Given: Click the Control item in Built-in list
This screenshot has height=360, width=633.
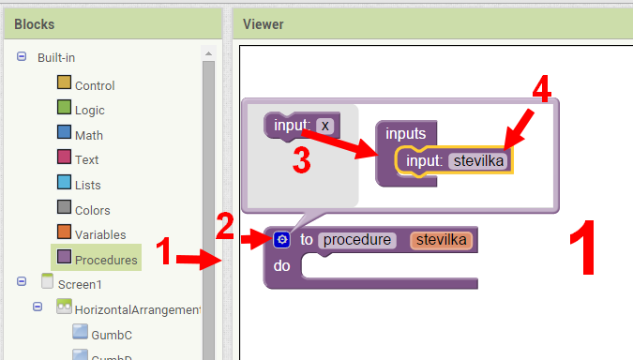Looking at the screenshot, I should [95, 85].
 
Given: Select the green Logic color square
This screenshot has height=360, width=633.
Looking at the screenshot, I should [65, 108].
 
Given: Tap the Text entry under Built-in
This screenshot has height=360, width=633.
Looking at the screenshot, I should [86, 159].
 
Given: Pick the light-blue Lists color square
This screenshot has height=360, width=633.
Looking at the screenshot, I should [65, 183].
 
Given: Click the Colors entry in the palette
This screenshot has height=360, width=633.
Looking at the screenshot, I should [92, 210].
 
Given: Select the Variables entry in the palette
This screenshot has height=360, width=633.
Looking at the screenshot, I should [99, 234].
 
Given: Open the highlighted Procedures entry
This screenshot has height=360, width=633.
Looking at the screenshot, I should [105, 260].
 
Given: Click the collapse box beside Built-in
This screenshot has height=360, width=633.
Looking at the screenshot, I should [22, 57].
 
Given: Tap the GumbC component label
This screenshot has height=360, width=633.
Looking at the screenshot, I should [112, 333].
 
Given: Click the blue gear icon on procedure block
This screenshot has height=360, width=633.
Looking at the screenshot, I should [281, 240].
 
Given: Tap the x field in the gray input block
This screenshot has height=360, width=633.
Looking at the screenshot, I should [324, 125].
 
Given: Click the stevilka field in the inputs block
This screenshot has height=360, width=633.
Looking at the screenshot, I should [479, 161].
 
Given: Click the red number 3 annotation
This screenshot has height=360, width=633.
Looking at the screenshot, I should [301, 160].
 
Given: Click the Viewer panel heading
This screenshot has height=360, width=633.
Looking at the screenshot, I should [264, 23].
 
